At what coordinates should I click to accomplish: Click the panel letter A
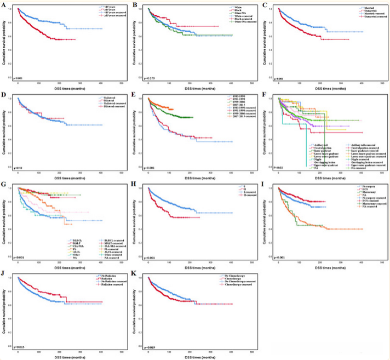(4, 4)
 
